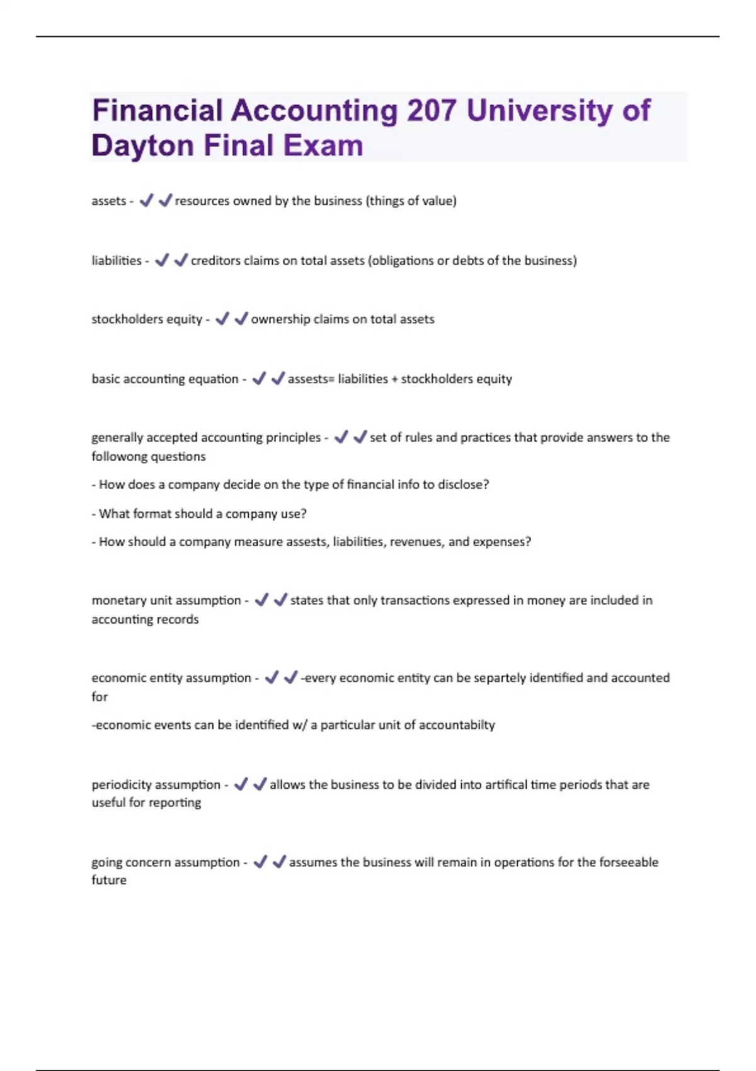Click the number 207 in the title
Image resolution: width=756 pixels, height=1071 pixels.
(432, 110)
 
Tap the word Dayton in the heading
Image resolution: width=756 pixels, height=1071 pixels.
(142, 146)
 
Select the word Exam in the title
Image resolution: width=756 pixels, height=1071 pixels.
(323, 146)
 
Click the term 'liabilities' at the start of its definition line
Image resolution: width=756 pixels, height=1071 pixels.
(117, 260)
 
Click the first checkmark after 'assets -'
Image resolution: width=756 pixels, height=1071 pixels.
(146, 200)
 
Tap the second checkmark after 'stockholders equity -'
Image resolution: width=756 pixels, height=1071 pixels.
(241, 319)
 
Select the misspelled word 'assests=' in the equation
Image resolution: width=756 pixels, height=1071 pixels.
(311, 379)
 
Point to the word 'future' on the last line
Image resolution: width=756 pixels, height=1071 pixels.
(109, 880)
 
